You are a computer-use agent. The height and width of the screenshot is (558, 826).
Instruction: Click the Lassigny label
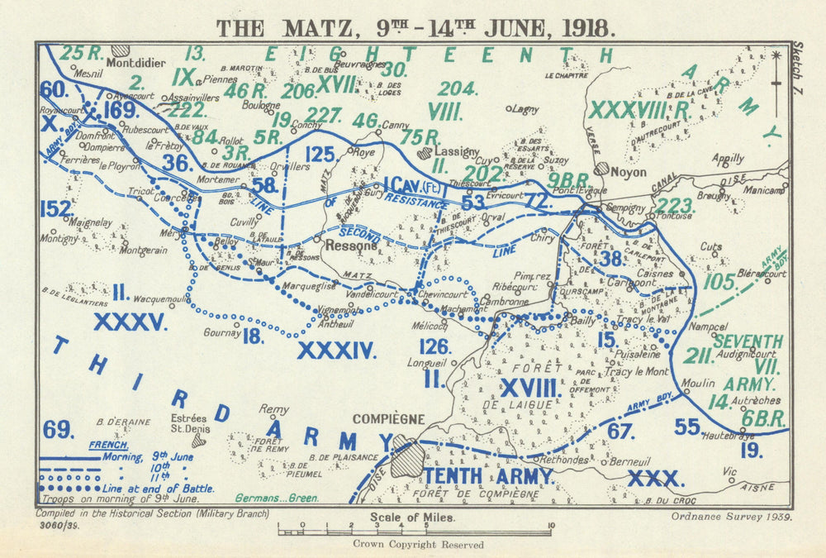pos(457,152)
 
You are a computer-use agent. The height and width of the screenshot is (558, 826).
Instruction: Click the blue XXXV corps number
pos(131,321)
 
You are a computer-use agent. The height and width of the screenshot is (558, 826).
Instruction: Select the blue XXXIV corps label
pos(336,351)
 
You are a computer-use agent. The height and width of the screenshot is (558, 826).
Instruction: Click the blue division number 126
pos(434,346)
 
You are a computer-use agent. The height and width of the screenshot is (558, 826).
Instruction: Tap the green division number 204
pos(458,88)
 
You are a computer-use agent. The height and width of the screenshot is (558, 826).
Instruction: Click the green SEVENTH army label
pos(748,341)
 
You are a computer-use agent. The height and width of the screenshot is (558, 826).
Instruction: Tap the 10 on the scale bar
pos(550,524)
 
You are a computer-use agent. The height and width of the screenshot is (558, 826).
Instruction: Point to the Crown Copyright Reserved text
pos(418,545)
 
